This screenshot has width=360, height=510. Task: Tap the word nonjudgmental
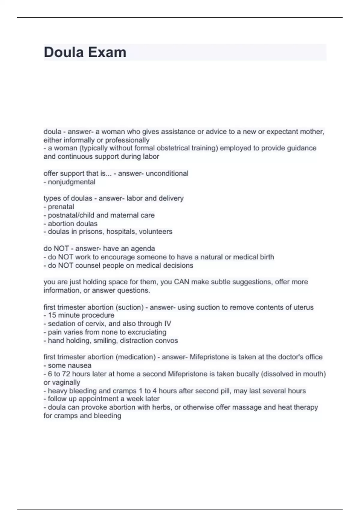coord(72,182)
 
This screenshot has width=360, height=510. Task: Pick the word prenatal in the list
coord(61,207)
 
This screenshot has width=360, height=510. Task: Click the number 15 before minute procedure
coord(52,315)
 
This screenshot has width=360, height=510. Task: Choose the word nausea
coord(80,365)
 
